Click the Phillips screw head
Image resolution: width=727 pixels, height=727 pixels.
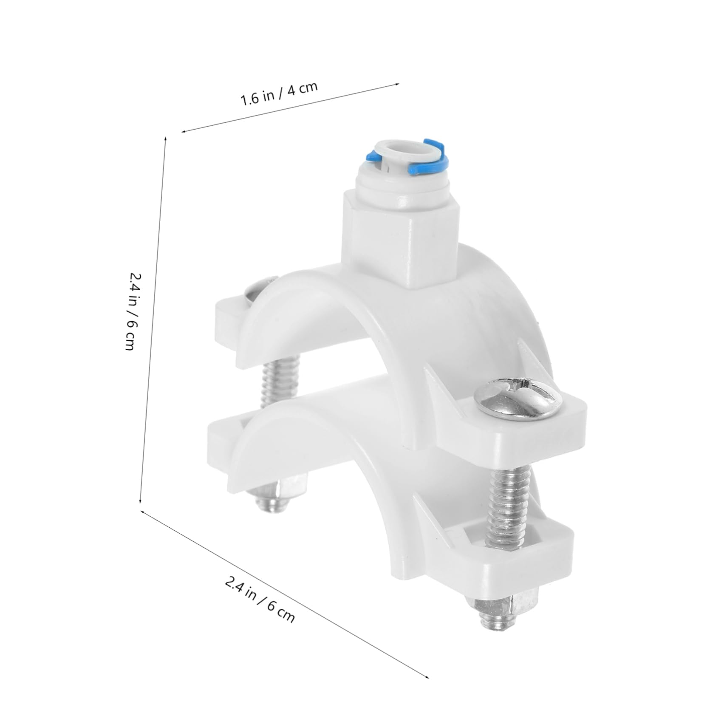518,398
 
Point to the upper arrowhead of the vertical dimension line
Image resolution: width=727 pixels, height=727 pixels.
165,138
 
